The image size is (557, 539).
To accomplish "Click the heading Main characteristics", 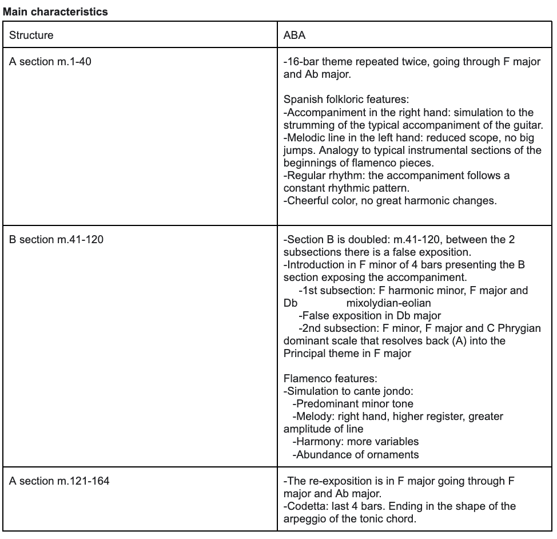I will click(x=54, y=11).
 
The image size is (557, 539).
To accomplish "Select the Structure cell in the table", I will click(x=31, y=35).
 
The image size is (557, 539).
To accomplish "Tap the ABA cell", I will click(x=295, y=35).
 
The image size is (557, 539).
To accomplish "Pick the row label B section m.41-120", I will click(x=56, y=240).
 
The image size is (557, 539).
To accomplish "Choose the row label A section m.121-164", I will click(x=59, y=481).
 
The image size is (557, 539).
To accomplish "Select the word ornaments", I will click(x=395, y=455).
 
